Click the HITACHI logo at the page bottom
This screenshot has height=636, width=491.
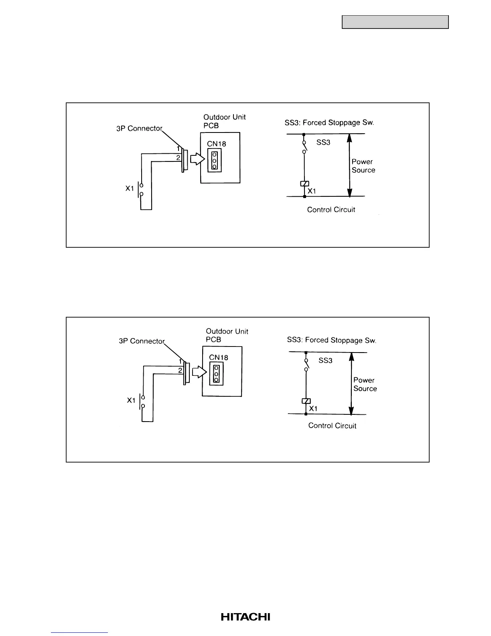point(245,617)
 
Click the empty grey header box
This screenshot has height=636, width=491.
point(395,22)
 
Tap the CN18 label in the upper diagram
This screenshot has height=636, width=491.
point(217,144)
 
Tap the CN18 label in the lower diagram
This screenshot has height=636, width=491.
point(219,357)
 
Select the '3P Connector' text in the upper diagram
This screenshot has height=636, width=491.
point(139,129)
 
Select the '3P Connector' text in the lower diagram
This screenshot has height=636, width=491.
point(142,341)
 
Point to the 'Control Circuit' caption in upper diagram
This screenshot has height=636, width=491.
point(331,210)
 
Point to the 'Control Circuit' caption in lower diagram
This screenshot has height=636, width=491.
point(332,426)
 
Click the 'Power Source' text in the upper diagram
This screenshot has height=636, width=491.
point(363,166)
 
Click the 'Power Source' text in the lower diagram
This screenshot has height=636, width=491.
point(365,384)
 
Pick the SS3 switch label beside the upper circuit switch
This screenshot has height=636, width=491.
point(323,143)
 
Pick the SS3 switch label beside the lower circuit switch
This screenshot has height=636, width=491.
point(325,361)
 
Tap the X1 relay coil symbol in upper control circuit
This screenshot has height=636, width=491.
point(304,184)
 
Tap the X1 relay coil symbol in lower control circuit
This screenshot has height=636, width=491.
point(306,401)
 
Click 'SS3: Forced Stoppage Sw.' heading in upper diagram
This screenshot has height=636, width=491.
point(329,123)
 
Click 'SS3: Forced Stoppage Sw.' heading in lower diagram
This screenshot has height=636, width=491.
point(331,340)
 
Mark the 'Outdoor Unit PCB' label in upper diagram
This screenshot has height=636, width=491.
point(224,121)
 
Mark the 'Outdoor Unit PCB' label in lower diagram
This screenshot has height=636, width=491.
point(227,335)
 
